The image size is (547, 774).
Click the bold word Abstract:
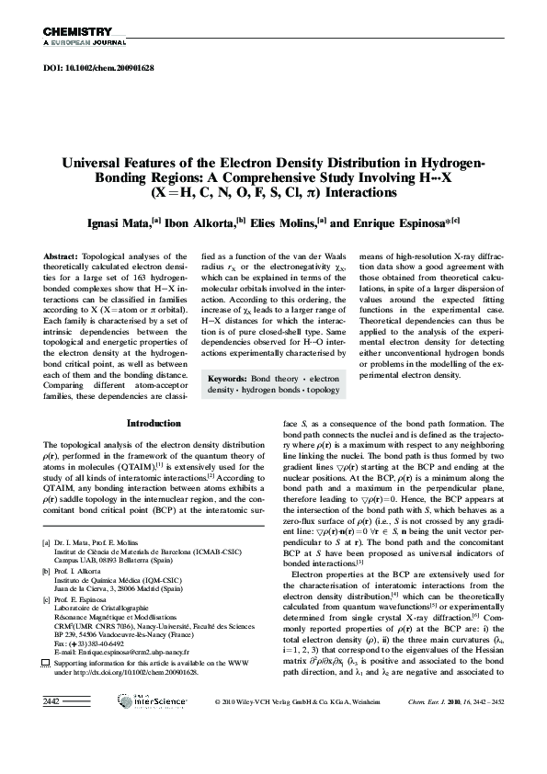(62, 254)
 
